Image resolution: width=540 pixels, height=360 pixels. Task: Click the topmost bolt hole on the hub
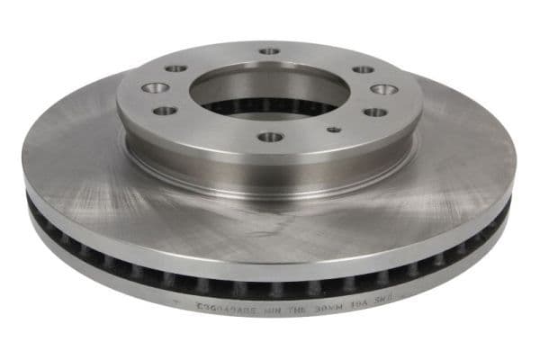click(270, 51)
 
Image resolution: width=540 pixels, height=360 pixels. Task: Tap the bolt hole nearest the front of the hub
click(270, 137)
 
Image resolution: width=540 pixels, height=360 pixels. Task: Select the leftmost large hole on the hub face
click(156, 88)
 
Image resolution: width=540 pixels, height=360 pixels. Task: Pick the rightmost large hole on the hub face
click(383, 89)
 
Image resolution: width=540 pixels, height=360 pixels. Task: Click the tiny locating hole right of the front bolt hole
click(334, 130)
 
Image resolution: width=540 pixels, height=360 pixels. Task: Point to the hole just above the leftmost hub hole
click(176, 68)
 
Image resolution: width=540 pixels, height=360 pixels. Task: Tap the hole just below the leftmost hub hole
click(166, 111)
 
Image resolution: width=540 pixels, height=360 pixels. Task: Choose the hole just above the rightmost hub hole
click(363, 69)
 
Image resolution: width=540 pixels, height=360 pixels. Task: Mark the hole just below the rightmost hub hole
click(374, 112)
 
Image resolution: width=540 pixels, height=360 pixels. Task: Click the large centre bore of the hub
click(270, 90)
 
